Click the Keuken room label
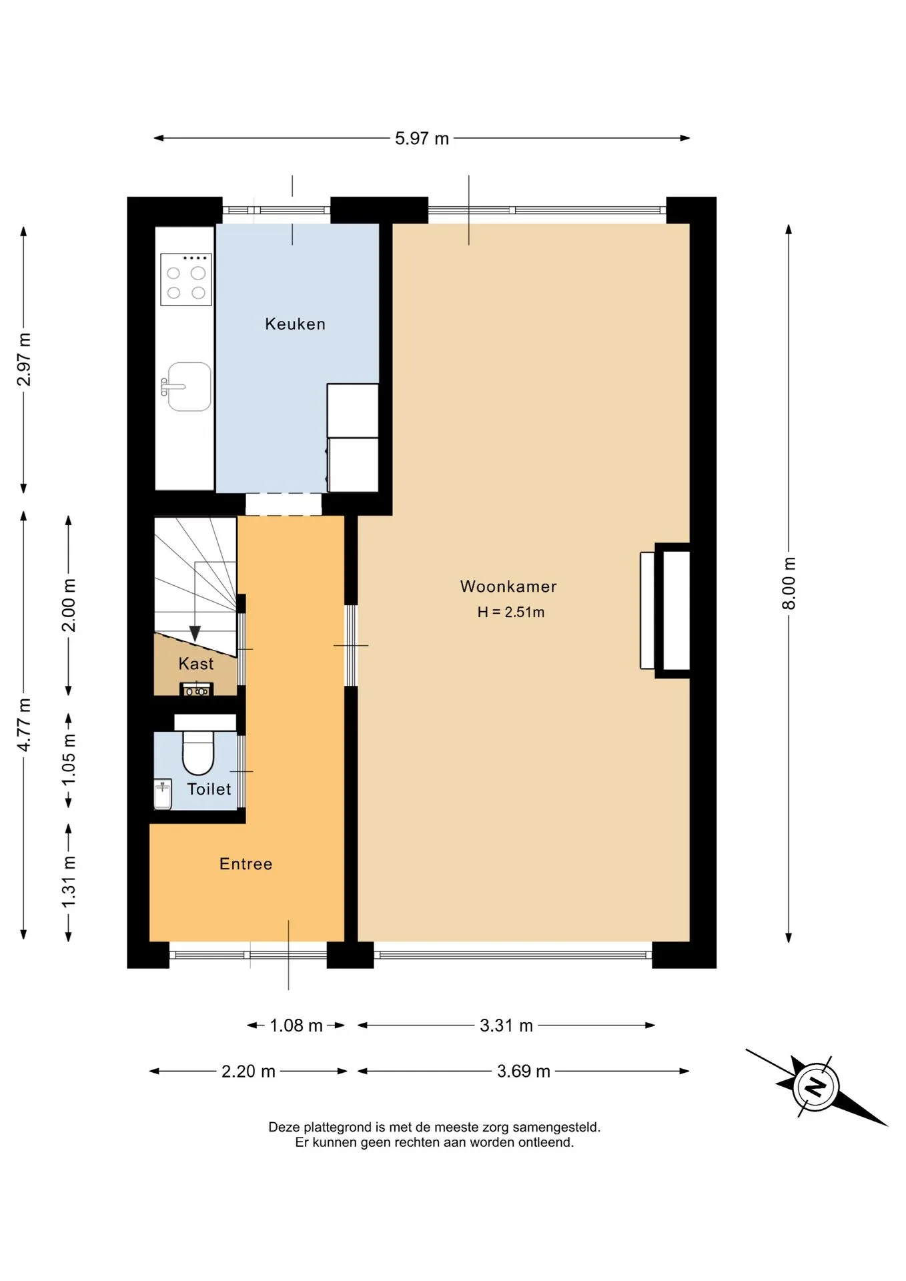[x=295, y=324]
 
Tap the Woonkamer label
[x=508, y=586]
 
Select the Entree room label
[x=246, y=864]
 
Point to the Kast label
[x=196, y=664]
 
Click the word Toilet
[x=209, y=789]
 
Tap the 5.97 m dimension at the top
[x=422, y=139]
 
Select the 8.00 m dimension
[x=789, y=583]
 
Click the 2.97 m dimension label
[x=24, y=359]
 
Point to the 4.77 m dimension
[x=24, y=725]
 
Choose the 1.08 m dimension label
[x=296, y=1025]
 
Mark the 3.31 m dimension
[x=506, y=1025]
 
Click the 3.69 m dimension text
[x=524, y=1072]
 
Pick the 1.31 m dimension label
[x=69, y=881]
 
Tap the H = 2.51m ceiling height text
[x=511, y=612]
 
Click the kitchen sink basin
[x=189, y=386]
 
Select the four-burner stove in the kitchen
[x=186, y=280]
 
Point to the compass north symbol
[x=815, y=1087]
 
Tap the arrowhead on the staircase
[x=195, y=633]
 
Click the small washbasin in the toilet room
[x=163, y=794]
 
